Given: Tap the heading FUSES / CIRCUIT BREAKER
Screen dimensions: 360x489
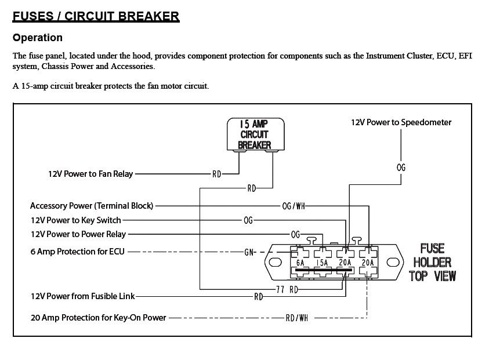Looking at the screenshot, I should point(96,16).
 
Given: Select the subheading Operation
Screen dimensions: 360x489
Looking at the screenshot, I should point(38,38).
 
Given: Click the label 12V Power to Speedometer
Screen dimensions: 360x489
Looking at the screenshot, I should point(401,122).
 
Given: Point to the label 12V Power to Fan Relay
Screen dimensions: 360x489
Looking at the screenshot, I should point(90,173).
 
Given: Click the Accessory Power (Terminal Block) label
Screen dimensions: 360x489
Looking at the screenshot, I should point(92,206).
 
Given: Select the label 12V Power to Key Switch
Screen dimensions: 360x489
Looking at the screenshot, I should point(75,220).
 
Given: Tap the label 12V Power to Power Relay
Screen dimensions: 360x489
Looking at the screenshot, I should point(78,234).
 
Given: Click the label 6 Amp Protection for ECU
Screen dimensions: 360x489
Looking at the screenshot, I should point(77,252).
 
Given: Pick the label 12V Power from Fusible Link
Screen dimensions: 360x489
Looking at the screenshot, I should point(82,296).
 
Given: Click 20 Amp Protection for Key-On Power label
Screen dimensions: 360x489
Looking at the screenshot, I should point(98,318).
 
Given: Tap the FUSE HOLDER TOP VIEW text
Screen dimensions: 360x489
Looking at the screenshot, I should point(432,262).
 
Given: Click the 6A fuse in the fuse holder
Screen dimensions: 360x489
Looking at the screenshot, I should point(300,263).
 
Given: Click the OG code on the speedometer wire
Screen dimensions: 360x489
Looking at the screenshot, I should point(401,168).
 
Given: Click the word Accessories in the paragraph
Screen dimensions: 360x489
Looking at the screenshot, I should point(135,67).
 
